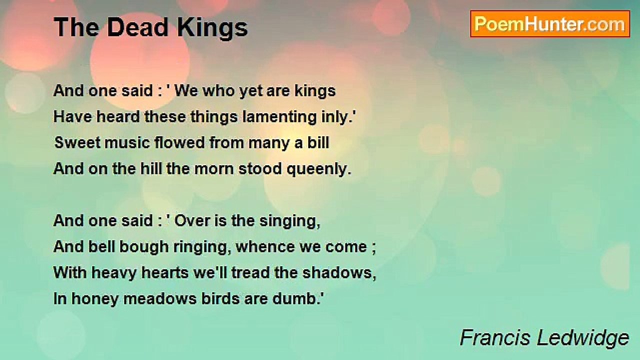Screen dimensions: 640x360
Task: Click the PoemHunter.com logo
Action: (x=550, y=24)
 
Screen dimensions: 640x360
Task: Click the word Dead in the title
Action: (x=137, y=27)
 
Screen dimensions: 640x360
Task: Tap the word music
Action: (x=127, y=142)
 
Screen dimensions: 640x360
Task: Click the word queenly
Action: (x=319, y=169)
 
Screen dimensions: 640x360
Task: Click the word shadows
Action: (x=339, y=273)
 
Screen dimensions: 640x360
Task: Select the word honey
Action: (x=94, y=299)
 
